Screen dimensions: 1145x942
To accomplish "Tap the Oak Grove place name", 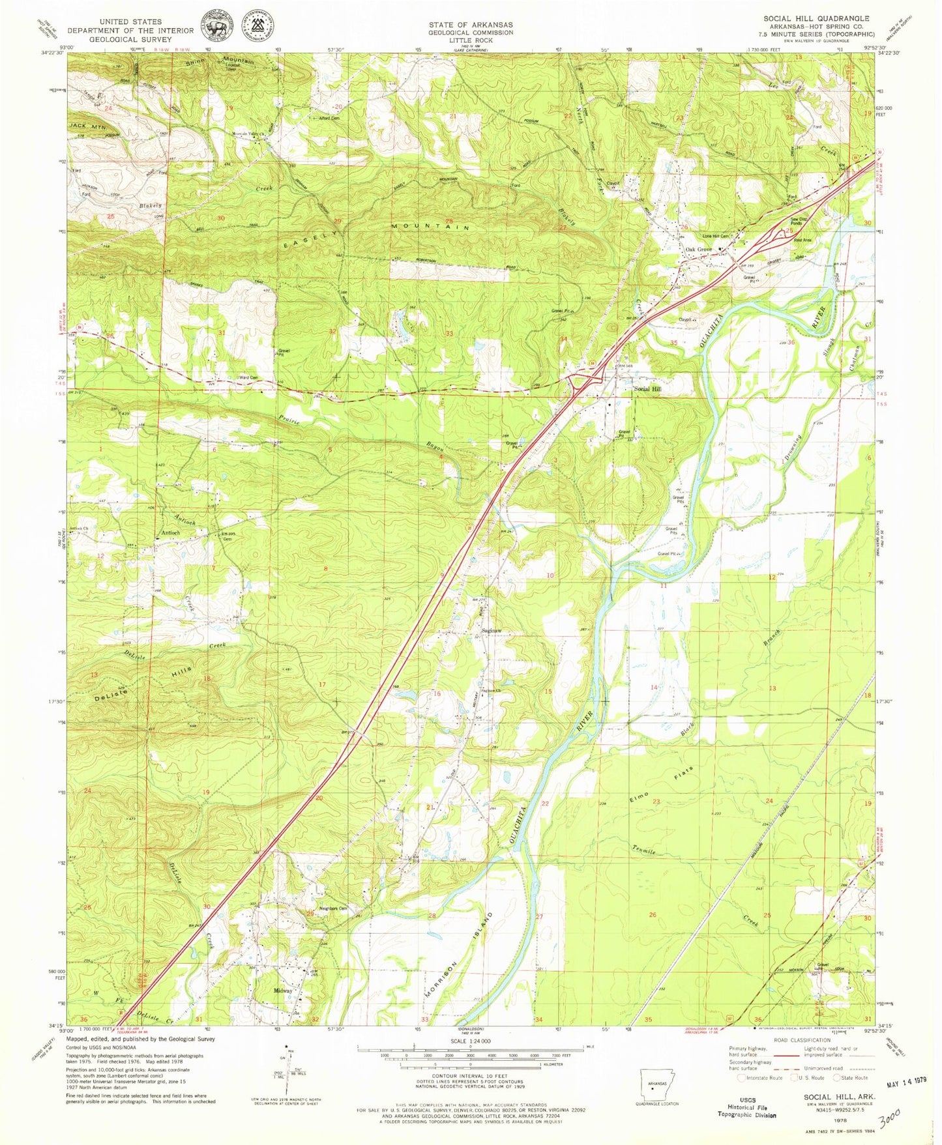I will [x=697, y=250].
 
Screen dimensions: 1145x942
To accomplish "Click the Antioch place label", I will [x=170, y=533].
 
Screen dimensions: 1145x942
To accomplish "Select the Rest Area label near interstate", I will [x=801, y=239].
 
